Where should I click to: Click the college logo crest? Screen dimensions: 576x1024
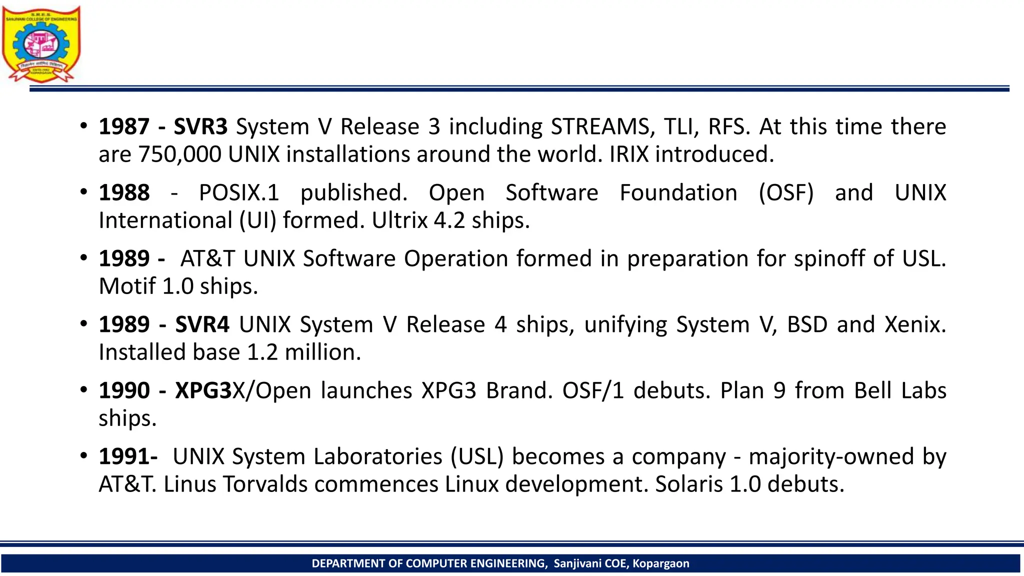tap(41, 44)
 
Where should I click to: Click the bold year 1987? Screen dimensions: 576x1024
tap(124, 126)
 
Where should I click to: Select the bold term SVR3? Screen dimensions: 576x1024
tap(200, 126)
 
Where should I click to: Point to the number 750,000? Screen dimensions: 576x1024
tap(179, 154)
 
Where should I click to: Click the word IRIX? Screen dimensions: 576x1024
tap(629, 154)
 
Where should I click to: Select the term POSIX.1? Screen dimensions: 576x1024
tap(239, 192)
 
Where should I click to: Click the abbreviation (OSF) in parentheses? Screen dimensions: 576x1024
tap(786, 192)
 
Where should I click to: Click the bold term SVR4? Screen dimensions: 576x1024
tap(202, 324)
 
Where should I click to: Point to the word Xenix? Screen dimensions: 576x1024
tap(915, 324)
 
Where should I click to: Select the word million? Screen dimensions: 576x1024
tap(322, 352)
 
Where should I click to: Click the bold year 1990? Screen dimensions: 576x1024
tap(124, 390)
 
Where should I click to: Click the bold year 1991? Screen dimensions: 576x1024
tap(126, 456)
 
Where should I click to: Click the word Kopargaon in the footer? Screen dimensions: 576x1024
tap(660, 563)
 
